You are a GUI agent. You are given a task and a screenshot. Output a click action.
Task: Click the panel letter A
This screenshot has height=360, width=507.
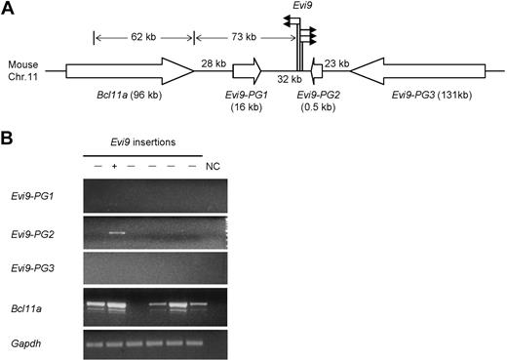coord(10,8)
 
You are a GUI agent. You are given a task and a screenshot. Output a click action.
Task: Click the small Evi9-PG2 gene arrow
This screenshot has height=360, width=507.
coord(315,71)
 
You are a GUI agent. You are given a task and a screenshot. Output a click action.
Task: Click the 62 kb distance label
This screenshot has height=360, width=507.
coord(143,37)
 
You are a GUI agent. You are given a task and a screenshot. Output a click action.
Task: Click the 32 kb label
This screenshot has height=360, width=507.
coord(289,78)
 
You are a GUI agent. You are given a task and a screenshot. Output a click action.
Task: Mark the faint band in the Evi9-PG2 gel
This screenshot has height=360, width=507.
coord(117,233)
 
